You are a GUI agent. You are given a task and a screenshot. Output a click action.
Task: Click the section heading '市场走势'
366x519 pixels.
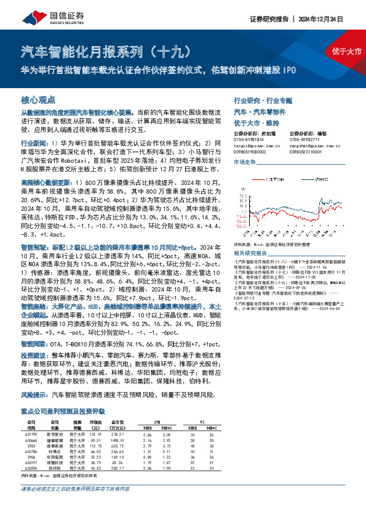click(245, 163)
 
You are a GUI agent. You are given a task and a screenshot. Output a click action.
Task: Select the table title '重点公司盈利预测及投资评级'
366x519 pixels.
click(60, 409)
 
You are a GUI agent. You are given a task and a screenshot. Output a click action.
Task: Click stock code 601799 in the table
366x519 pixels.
click(32, 435)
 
